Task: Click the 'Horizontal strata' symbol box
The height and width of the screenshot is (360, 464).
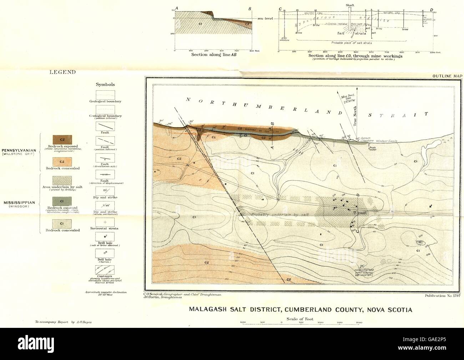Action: pos(105,222)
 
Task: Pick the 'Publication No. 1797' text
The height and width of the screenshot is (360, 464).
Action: pos(441,296)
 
